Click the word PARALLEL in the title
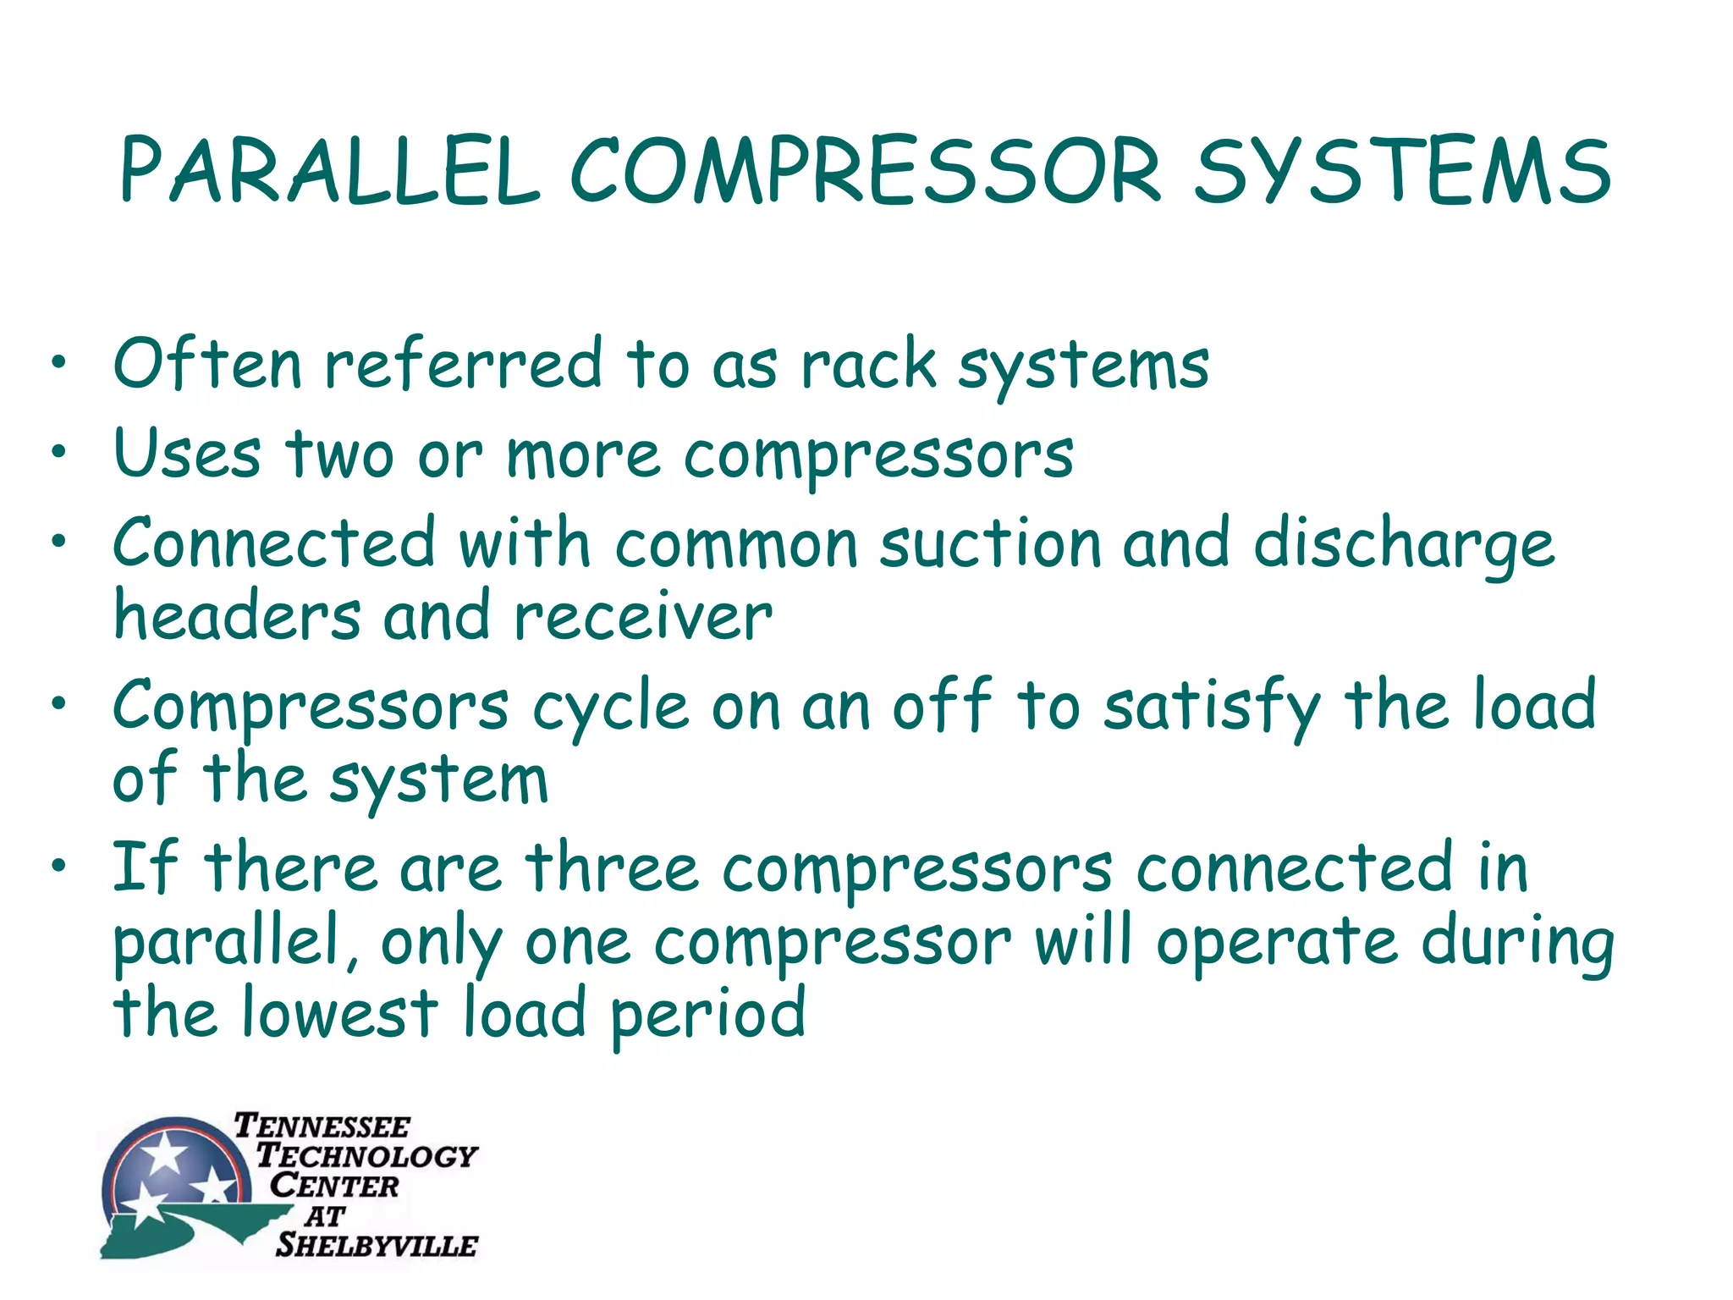point(330,172)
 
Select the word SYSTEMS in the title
point(1402,172)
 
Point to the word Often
point(207,364)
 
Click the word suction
point(991,544)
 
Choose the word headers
point(237,616)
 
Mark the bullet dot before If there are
point(58,865)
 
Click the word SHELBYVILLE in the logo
point(377,1245)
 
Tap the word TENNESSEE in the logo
point(322,1126)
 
